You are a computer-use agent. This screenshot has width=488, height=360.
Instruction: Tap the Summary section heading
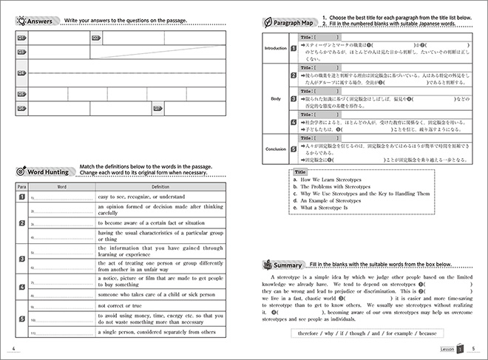(286, 265)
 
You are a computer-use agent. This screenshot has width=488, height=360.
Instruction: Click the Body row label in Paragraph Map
(275, 98)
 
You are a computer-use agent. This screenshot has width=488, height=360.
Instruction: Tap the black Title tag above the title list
(300, 171)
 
